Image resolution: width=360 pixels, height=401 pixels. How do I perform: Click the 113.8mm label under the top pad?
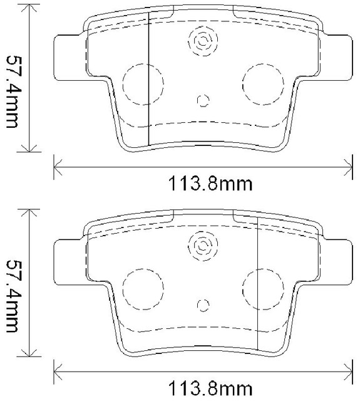click(201, 185)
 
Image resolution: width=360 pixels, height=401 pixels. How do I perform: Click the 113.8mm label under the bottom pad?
click(201, 387)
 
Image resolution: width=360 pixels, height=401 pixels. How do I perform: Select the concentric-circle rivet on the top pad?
click(202, 42)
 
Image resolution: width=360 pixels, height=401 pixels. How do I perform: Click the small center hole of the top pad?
click(202, 100)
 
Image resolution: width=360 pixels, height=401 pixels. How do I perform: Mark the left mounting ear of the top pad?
click(68, 58)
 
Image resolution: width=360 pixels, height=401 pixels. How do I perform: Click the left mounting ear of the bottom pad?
click(68, 261)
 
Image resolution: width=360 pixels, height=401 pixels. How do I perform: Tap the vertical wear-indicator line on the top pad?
click(147, 81)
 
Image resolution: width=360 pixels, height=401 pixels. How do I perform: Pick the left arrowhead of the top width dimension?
click(58, 167)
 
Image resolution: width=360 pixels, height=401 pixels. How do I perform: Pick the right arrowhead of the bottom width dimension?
click(348, 369)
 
